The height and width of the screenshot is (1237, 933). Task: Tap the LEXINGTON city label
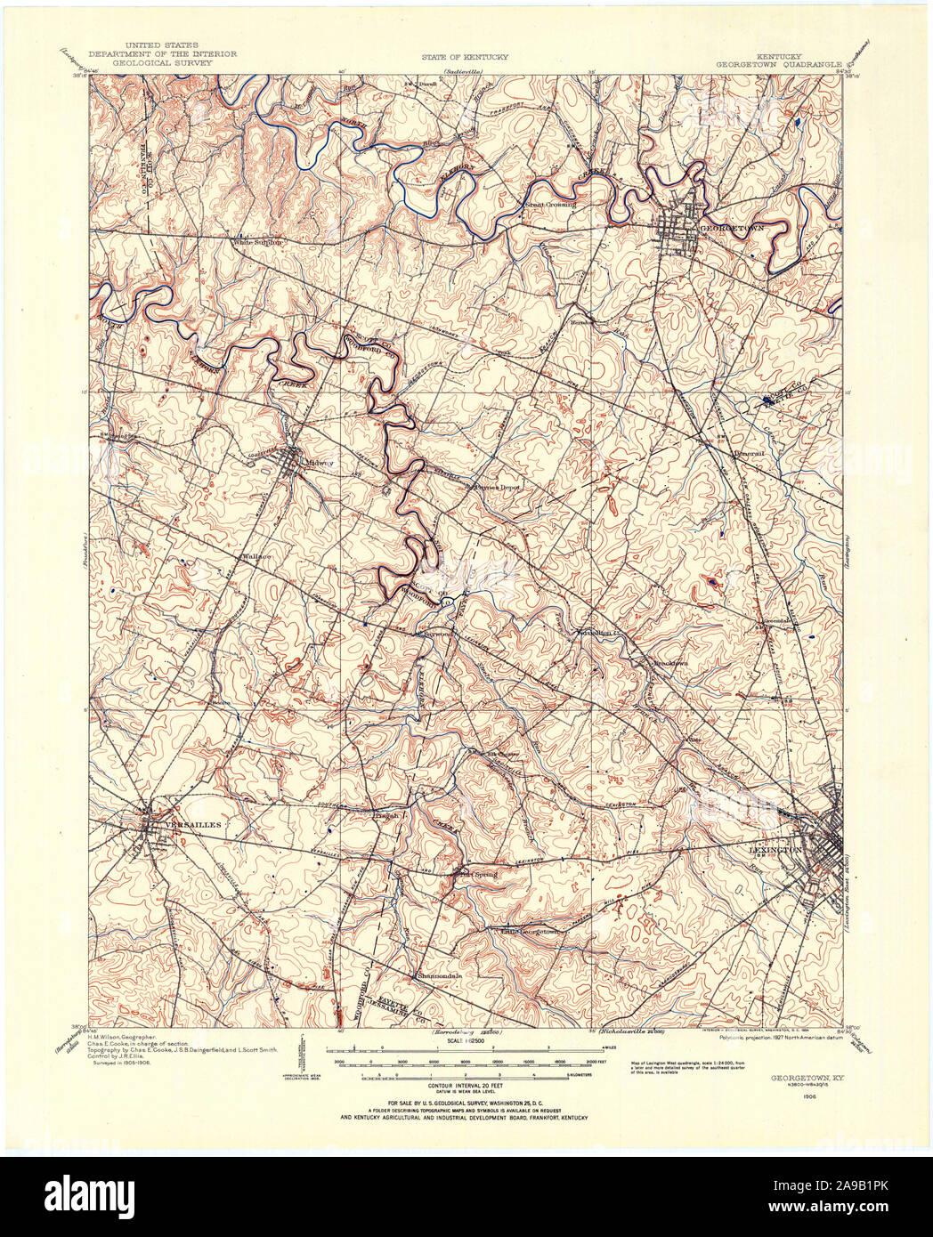(x=771, y=851)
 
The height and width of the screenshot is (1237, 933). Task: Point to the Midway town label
(x=319, y=463)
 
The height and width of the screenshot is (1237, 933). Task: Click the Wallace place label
(x=256, y=556)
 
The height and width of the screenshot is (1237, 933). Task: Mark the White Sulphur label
(x=257, y=241)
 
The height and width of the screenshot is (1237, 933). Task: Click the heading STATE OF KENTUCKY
(x=465, y=57)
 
